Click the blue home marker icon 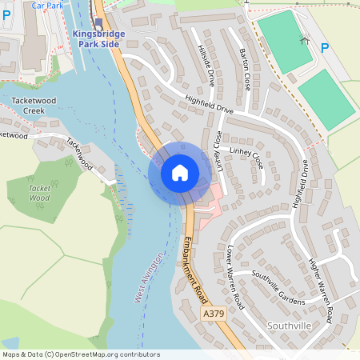coord(180,172)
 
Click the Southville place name coord(289,326)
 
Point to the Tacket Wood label coord(39,193)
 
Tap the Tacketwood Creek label coord(34,106)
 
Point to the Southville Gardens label coord(278,286)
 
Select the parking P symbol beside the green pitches coord(325,49)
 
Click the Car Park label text coord(47,5)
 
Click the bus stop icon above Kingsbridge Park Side coord(98,22)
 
